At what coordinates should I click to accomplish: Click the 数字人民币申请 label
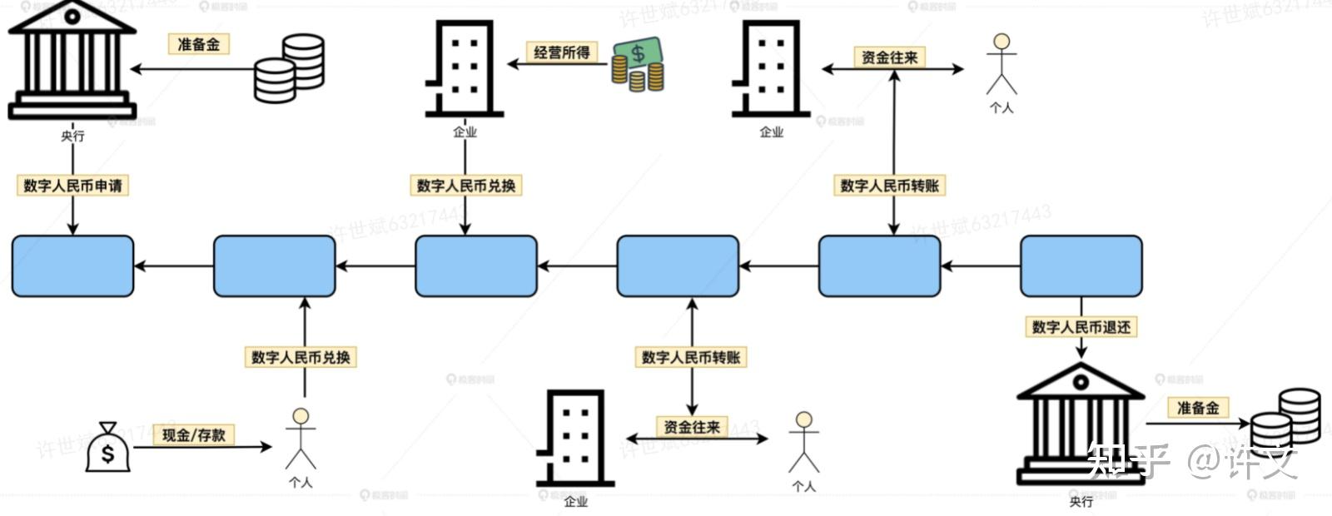[x=72, y=186]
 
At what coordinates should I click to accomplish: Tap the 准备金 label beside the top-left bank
[x=199, y=44]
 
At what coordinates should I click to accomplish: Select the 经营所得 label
[x=562, y=52]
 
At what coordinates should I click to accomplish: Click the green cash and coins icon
[x=638, y=64]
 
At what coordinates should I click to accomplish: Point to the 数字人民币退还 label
[x=1081, y=327]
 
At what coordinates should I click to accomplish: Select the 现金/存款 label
[x=193, y=434]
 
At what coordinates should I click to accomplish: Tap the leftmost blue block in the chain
[x=72, y=266]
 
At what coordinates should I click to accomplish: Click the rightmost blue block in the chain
[x=1081, y=266]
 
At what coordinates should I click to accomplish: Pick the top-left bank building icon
[x=72, y=60]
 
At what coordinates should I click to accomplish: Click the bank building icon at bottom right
[x=1080, y=424]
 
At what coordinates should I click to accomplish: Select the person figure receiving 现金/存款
[x=301, y=439]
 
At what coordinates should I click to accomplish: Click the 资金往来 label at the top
[x=889, y=57]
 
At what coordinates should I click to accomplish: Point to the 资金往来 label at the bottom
[x=691, y=427]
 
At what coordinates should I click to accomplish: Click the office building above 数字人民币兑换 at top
[x=464, y=68]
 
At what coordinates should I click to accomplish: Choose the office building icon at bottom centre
[x=574, y=439]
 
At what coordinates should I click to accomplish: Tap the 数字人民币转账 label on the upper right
[x=889, y=186]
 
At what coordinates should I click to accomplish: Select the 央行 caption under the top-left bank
[x=72, y=136]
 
